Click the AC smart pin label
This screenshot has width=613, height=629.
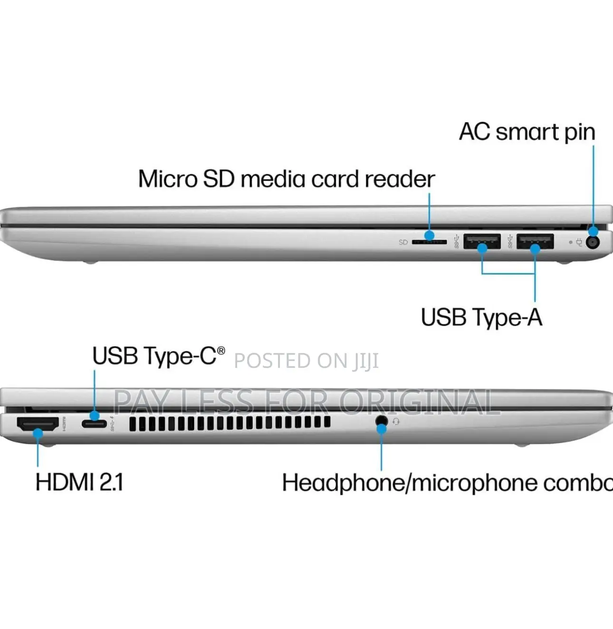tap(527, 133)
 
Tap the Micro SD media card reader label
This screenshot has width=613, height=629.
tap(287, 179)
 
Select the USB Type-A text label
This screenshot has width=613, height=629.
tap(481, 317)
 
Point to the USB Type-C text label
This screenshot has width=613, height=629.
tap(159, 356)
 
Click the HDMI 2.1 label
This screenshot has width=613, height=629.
tap(79, 482)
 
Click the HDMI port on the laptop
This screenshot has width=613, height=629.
tap(38, 424)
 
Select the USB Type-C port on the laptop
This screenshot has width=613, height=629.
tap(94, 423)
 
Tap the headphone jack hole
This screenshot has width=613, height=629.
tap(382, 420)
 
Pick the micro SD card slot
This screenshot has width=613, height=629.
tap(430, 242)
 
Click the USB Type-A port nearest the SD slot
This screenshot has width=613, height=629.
tap(482, 241)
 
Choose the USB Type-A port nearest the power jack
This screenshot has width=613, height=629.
tap(535, 241)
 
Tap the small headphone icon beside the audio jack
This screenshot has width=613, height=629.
tap(396, 422)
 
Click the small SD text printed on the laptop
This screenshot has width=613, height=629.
tap(403, 242)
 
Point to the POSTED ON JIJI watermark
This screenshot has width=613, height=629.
tap(306, 361)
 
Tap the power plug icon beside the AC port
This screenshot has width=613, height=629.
tap(579, 242)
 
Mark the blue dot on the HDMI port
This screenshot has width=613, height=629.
tap(38, 433)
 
